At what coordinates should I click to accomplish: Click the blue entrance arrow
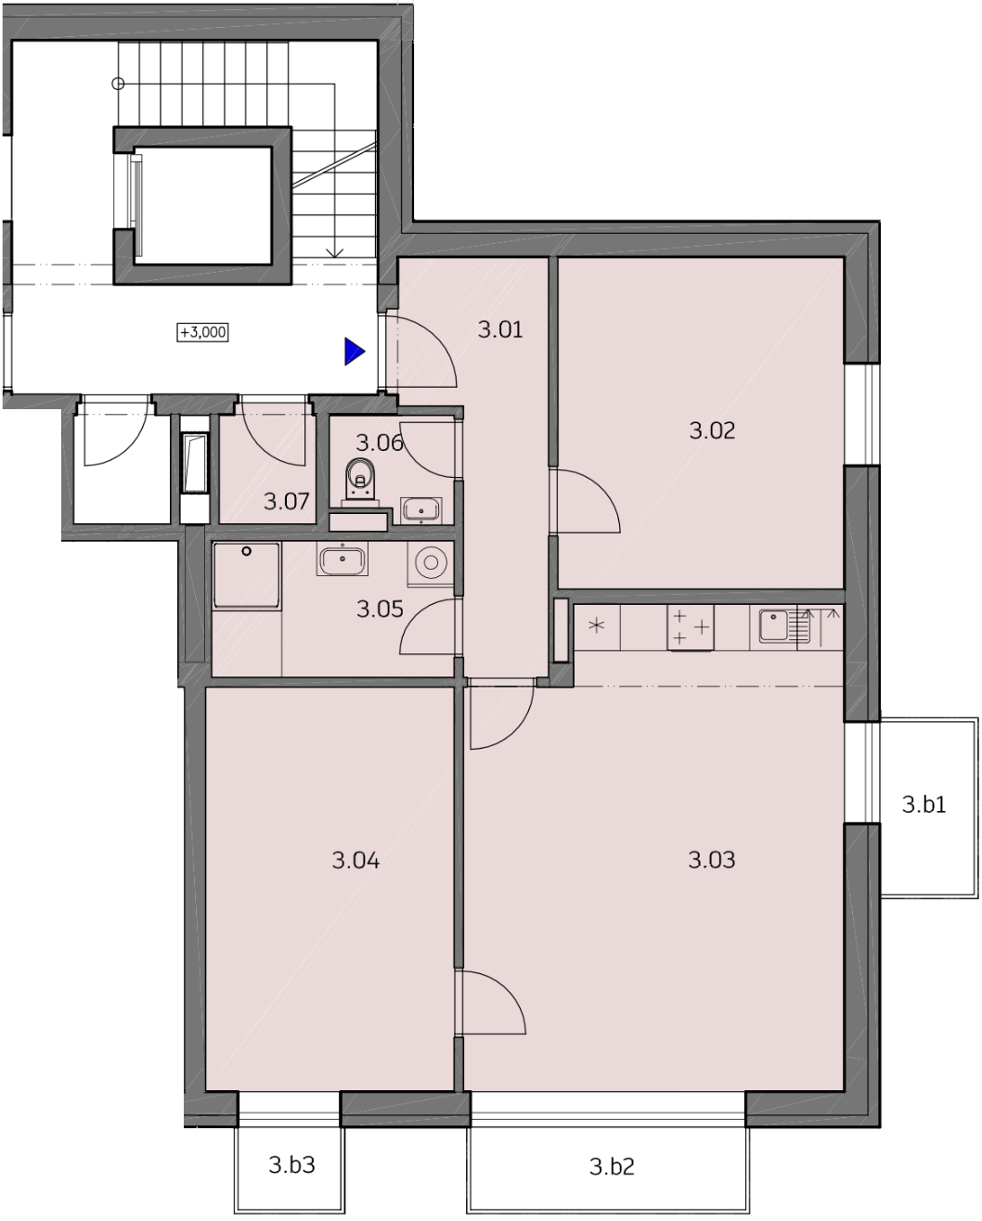[355, 352]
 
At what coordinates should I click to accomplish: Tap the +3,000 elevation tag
[203, 332]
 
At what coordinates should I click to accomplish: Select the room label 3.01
[500, 329]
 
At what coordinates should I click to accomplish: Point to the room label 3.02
[713, 431]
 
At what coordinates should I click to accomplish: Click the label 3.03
[712, 860]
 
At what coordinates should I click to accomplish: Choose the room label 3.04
[355, 860]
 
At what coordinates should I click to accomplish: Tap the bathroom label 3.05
[380, 610]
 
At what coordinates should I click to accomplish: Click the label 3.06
[380, 443]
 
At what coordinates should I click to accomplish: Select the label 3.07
[286, 502]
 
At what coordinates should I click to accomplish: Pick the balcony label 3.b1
[924, 804]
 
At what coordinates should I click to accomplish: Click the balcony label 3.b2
[612, 1166]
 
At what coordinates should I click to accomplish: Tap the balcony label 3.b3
[291, 1164]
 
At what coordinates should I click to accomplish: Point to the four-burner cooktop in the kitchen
[691, 627]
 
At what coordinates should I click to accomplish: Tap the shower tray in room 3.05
[246, 576]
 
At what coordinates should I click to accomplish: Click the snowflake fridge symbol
[597, 626]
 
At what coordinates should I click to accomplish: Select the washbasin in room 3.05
[342, 559]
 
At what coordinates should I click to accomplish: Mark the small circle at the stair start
[118, 84]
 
